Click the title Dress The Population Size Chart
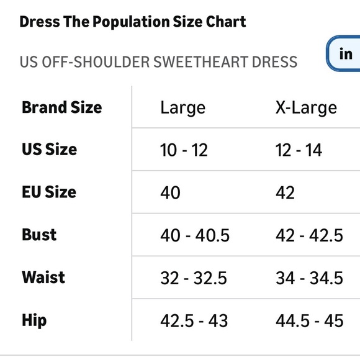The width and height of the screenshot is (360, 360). pyautogui.click(x=132, y=22)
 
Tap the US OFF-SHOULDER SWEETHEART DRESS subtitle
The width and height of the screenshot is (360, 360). pyautogui.click(x=158, y=62)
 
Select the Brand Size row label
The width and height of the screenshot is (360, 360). pyautogui.click(x=61, y=107)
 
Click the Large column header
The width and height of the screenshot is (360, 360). pyautogui.click(x=182, y=107)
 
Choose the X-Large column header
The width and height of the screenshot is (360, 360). pyautogui.click(x=306, y=107)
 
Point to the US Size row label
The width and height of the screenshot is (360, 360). pyautogui.click(x=49, y=150)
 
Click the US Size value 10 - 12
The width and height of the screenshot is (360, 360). pyautogui.click(x=184, y=150)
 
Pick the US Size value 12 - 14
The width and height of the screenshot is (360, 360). pyautogui.click(x=299, y=150)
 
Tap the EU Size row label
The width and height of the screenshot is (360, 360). pyautogui.click(x=49, y=192)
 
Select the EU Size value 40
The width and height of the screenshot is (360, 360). pyautogui.click(x=171, y=192)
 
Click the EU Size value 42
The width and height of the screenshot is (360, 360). pyautogui.click(x=286, y=192)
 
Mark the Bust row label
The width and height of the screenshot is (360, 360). pyautogui.click(x=39, y=235)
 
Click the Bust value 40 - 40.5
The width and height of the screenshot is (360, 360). pyautogui.click(x=195, y=235)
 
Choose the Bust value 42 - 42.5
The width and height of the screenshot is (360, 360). pyautogui.click(x=309, y=235)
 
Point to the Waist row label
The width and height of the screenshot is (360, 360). pyautogui.click(x=43, y=277)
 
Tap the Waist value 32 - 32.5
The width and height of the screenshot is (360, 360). pyautogui.click(x=194, y=278)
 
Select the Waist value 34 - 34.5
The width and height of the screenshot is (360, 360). pyautogui.click(x=309, y=278)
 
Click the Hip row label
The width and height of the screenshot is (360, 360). pyautogui.click(x=34, y=320)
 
